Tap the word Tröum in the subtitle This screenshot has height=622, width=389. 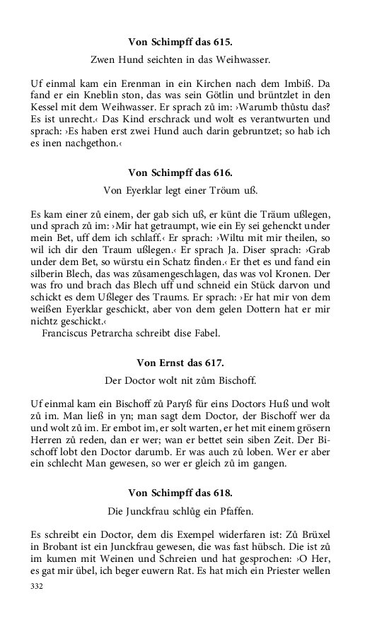(x=223, y=190)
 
